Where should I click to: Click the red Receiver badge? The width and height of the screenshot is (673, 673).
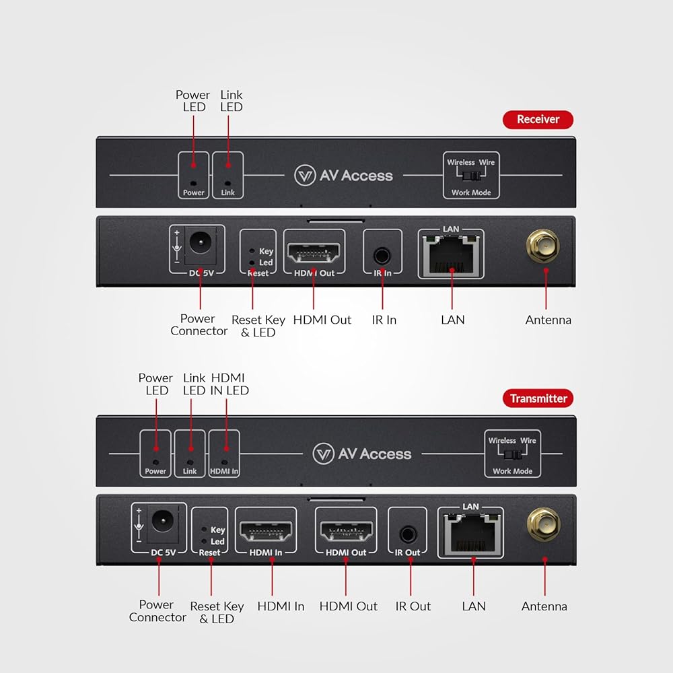point(538,119)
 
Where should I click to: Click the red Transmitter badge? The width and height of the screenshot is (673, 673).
point(538,398)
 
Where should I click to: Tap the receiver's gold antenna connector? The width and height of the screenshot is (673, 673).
point(543,246)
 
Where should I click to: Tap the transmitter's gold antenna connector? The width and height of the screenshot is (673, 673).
point(543,524)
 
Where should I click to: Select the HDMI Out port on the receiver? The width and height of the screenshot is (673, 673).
point(314,253)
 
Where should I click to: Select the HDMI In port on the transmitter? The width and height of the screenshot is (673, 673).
point(266,532)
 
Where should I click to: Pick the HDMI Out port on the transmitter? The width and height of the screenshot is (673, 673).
point(345,532)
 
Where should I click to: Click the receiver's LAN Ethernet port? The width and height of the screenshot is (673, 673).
point(451,255)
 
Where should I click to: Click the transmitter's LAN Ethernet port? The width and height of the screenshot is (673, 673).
point(471,534)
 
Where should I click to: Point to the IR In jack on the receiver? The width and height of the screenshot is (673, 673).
point(382,256)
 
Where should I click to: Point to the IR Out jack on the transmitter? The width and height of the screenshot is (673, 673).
point(407,535)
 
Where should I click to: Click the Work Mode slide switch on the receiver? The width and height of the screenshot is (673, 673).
point(472,176)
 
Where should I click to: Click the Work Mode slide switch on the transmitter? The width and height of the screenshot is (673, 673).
point(513,454)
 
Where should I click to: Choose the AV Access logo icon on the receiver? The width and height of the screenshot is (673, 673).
point(305,176)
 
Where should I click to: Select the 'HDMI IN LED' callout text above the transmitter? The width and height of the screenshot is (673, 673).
point(229,384)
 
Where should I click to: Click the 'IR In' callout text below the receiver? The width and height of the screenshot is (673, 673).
point(384,320)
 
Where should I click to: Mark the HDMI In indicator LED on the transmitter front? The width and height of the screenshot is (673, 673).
point(225,462)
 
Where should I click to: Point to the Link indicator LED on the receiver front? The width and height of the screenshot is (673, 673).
point(228,183)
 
